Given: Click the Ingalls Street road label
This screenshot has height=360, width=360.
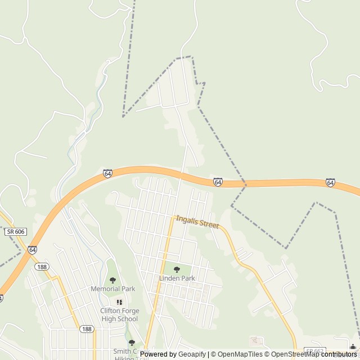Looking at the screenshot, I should [197, 222].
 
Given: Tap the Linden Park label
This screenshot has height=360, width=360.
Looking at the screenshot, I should [177, 278].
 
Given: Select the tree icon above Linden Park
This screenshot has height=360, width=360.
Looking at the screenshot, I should [177, 269].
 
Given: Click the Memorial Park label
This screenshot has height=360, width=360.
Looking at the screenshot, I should [113, 289].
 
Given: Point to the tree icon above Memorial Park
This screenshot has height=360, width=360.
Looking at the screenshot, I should [112, 280].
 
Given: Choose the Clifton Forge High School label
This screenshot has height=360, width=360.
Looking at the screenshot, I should [119, 315].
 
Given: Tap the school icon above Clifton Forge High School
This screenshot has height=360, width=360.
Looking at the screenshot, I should [119, 303].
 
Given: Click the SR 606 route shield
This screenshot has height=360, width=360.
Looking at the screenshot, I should [16, 232].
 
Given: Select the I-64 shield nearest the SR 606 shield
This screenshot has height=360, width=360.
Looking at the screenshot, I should [33, 249].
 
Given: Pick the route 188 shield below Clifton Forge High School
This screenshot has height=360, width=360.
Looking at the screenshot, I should [86, 329].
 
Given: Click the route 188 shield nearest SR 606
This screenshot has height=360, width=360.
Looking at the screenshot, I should [41, 267].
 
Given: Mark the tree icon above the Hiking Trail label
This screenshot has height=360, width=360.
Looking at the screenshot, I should [132, 343].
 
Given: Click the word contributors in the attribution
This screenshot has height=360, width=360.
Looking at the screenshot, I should [339, 354].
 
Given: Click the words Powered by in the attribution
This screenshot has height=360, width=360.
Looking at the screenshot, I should [158, 354].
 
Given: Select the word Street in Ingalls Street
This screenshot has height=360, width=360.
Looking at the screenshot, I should [208, 224].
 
